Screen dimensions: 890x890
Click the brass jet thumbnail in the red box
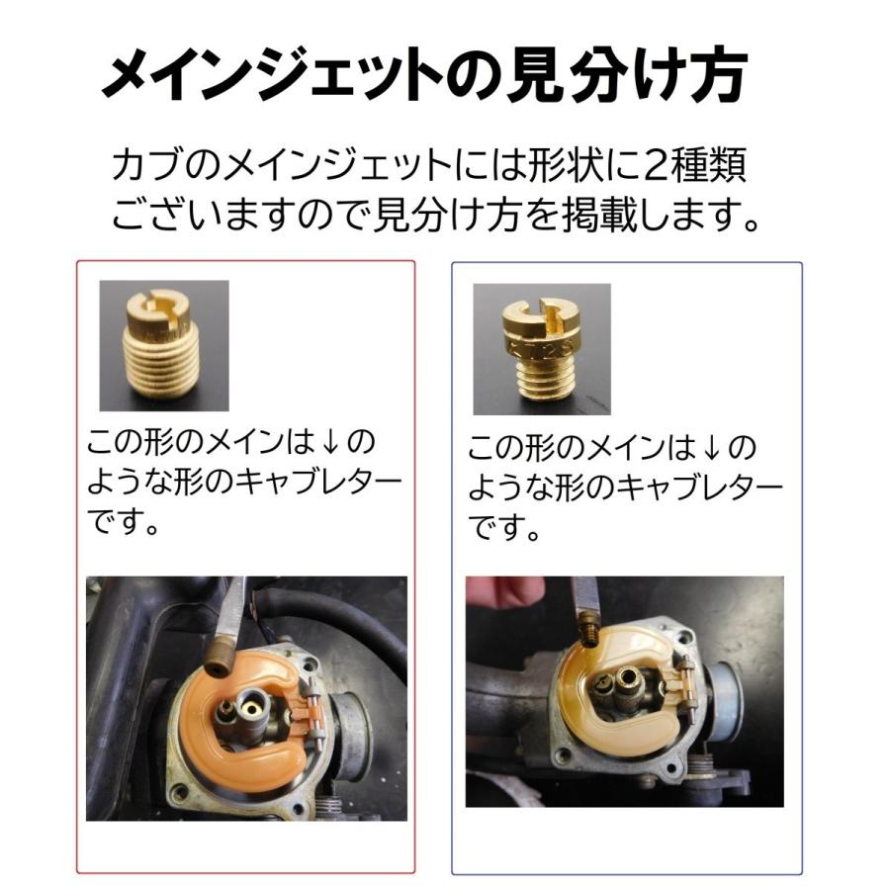tap(164, 345)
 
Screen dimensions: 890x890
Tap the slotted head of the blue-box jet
tap(540, 312)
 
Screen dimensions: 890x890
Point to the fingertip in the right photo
tap(504, 590)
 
